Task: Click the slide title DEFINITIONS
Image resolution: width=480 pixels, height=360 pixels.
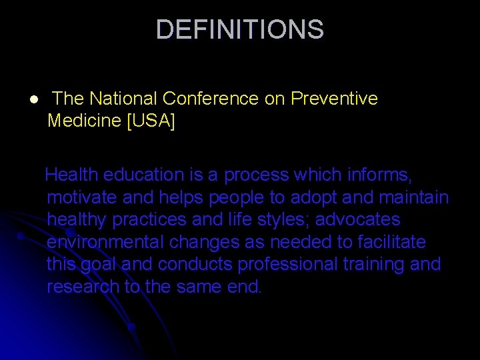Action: pos(239,30)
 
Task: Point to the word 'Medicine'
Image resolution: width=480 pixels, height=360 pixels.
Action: pos(84,121)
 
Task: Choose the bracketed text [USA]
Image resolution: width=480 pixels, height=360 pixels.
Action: pos(151,121)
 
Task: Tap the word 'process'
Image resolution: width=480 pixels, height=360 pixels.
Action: pos(257,175)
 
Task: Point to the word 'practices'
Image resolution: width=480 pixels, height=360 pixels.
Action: pos(145,220)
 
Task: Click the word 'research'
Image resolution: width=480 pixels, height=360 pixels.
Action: pos(83,287)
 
